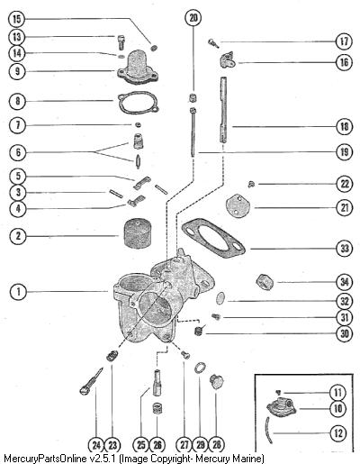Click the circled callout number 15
click(16, 19)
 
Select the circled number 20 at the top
click(193, 18)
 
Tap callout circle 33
click(345, 249)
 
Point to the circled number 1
click(18, 291)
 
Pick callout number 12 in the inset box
click(338, 433)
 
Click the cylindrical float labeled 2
click(137, 232)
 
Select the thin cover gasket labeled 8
click(139, 102)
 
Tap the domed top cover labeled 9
click(138, 67)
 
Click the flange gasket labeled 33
click(212, 234)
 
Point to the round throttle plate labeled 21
click(238, 205)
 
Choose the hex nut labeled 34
click(265, 282)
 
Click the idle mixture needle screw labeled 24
click(91, 381)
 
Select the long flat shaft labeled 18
click(223, 110)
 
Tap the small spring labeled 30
click(198, 331)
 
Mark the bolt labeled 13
click(120, 42)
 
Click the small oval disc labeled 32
click(220, 298)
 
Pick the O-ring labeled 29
click(200, 368)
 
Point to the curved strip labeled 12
click(268, 430)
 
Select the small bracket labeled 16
click(227, 59)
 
